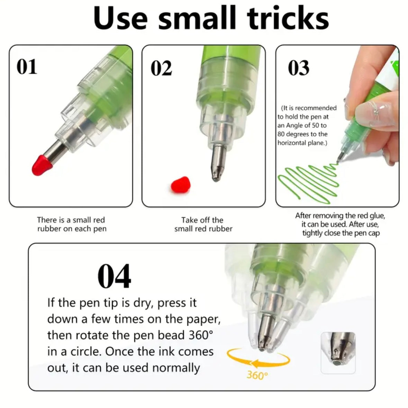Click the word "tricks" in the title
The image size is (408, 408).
pos(288,18)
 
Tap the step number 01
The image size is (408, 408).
pos(27,66)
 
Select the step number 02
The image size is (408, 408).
pos(161,68)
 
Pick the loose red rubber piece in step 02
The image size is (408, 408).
pos(181,185)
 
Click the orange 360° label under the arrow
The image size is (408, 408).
pos(257,375)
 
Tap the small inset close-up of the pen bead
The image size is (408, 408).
pos(338,353)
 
